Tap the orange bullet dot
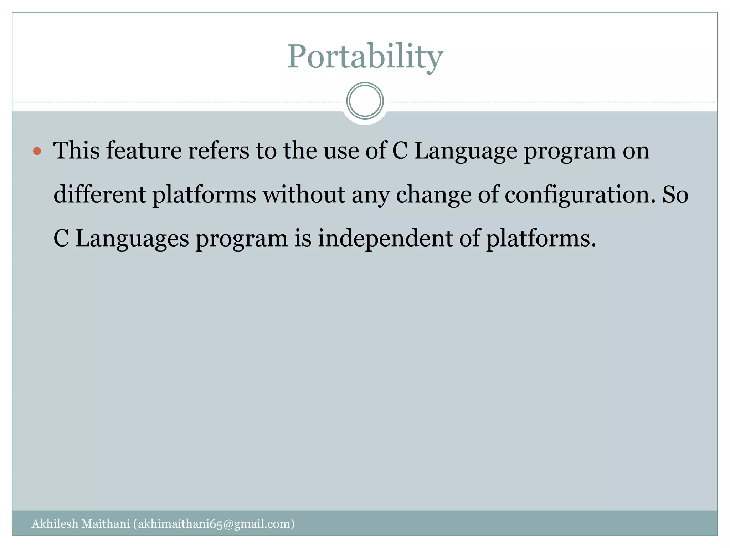click(37, 151)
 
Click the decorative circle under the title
click(365, 101)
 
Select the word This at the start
click(76, 151)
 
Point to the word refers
click(218, 151)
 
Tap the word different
click(100, 194)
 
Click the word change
click(433, 195)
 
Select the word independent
click(385, 238)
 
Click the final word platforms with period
click(541, 238)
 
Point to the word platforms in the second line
click(204, 195)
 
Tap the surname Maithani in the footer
click(106, 524)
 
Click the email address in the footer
click(214, 524)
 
